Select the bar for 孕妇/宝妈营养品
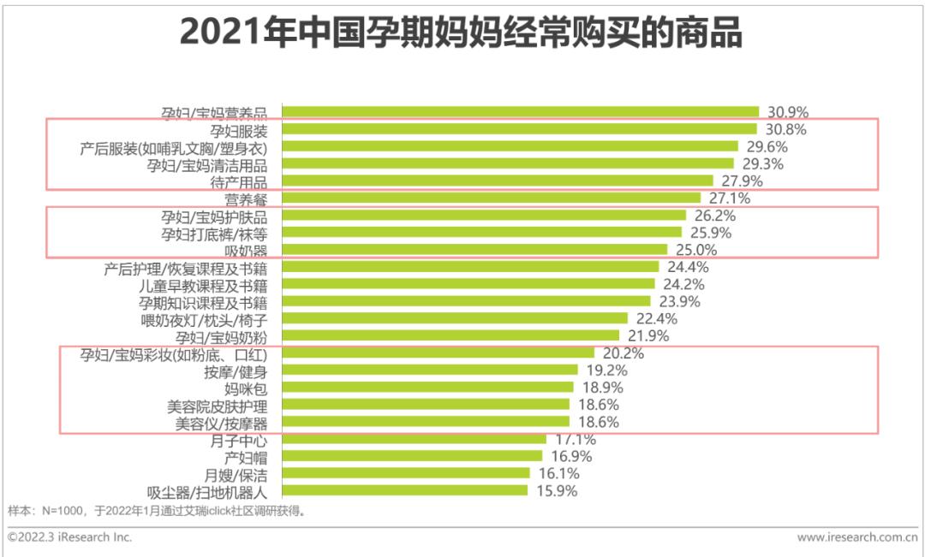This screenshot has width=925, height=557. pos(520,111)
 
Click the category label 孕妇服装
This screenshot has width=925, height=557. pos(238,130)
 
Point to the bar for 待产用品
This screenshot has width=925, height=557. pos(497,181)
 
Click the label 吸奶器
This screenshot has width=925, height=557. pos(247,250)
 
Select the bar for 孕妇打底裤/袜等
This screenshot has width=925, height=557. pos(481,232)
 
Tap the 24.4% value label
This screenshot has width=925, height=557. pos(686,267)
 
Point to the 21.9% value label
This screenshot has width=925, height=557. pos(647,336)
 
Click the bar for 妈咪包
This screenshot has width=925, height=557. pos(427,387)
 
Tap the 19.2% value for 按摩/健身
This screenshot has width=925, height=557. pos(606,370)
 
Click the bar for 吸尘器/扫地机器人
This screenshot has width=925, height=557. pos(404,490)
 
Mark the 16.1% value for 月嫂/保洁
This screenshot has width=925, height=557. pos(558,473)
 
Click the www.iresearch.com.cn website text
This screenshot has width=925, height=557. pos(856,537)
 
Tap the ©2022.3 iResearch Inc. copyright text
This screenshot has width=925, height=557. pos(69,537)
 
